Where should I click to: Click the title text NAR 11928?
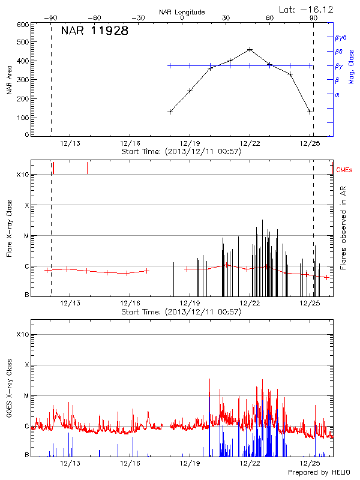pos(94,31)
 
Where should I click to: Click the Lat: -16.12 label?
pos(312,9)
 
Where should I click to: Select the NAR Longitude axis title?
pos(182,11)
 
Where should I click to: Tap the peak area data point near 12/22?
pos(250,49)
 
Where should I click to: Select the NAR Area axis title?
pos(9,80)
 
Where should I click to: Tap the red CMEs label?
pos(344,170)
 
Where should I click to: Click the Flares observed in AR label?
pos(343,228)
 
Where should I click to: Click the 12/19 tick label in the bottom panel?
pos(190,463)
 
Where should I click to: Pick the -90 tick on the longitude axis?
pos(52,18)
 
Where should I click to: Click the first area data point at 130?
pos(170,112)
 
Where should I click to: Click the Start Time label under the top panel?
pos(181,152)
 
